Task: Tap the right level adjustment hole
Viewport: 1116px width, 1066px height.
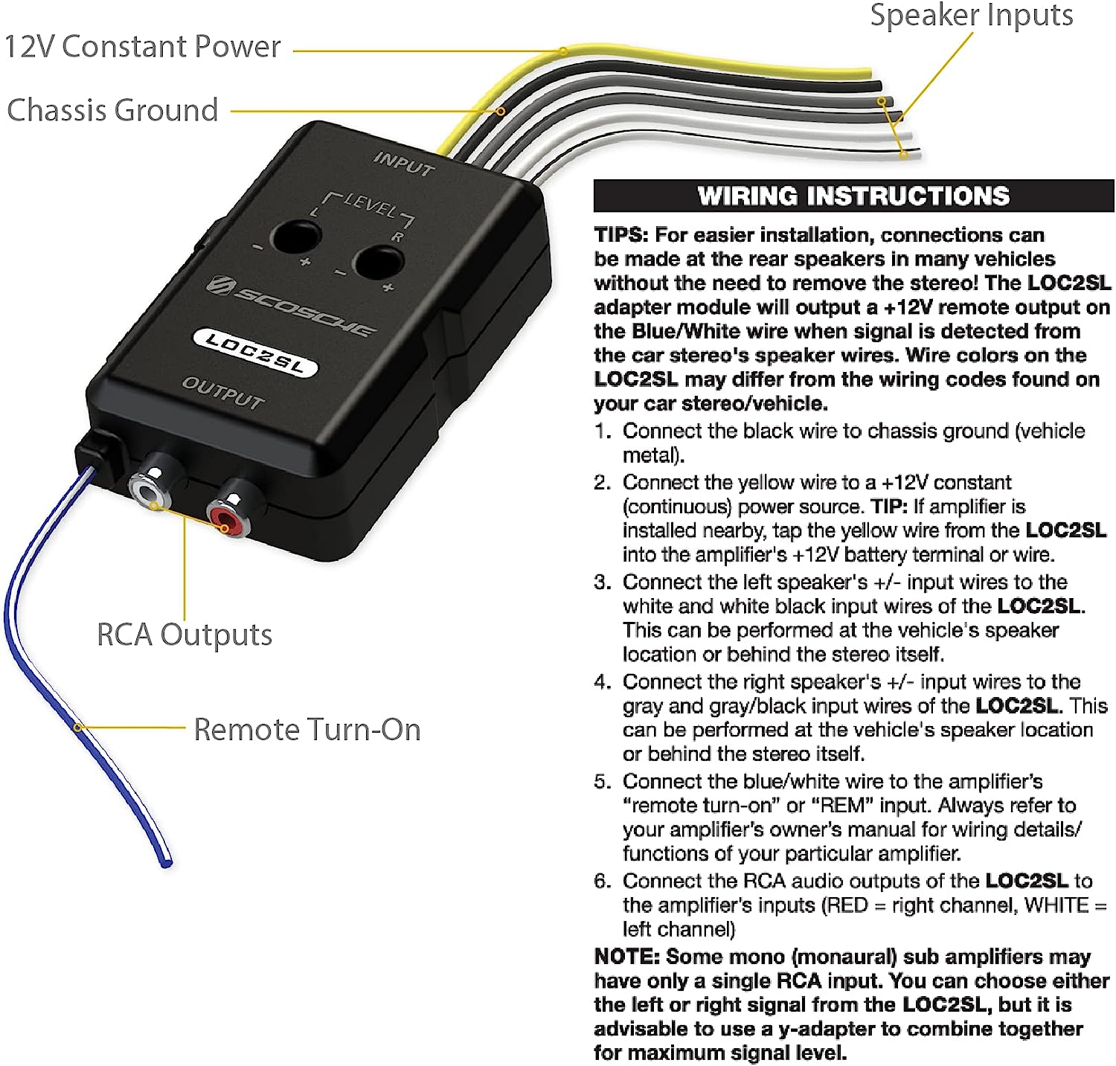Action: (378, 262)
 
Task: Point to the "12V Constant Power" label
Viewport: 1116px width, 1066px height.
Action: (142, 47)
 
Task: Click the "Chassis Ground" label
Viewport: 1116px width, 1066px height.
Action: (112, 110)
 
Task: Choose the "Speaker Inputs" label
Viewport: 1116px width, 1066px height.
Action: (971, 15)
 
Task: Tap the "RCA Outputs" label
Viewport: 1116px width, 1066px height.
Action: (185, 635)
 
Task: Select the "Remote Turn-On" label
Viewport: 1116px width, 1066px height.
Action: (307, 730)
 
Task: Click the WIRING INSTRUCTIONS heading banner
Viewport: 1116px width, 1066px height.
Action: (853, 196)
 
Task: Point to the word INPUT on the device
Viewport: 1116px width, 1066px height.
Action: (403, 164)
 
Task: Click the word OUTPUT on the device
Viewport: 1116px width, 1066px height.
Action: (223, 393)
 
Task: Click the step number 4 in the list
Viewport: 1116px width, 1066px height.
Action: (602, 682)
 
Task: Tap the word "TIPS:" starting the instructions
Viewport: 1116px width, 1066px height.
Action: (621, 235)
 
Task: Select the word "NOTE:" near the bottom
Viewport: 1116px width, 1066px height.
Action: (626, 957)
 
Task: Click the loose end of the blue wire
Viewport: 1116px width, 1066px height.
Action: (166, 863)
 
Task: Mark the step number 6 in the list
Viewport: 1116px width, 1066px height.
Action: (602, 882)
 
